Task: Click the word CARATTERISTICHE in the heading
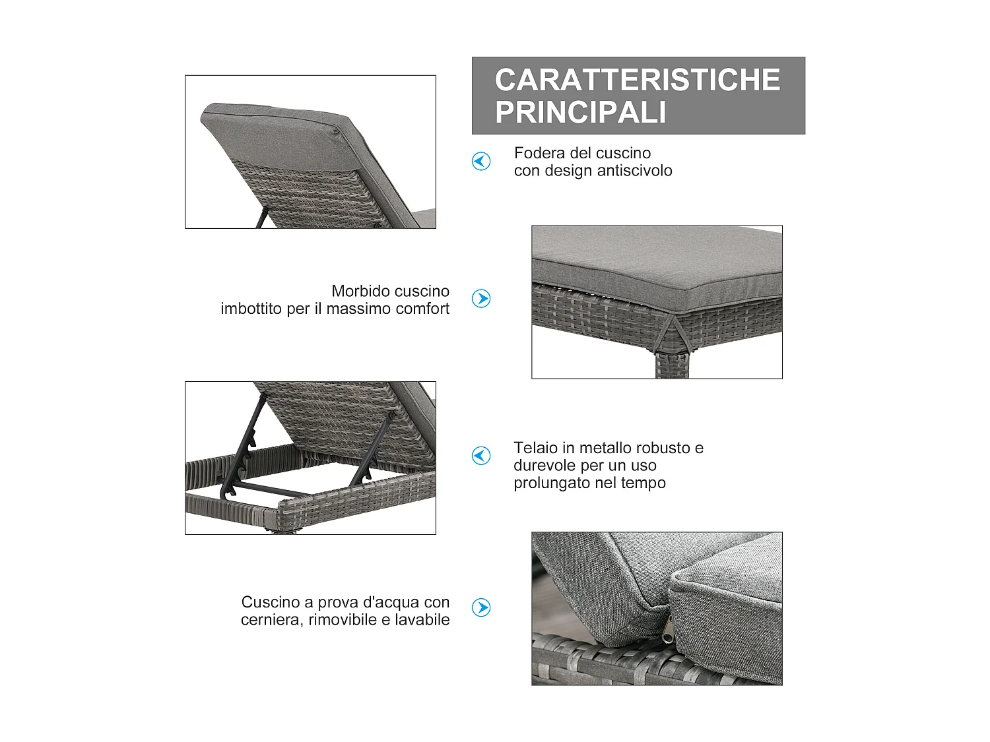(x=638, y=80)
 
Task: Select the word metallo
(x=607, y=448)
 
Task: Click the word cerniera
(x=272, y=620)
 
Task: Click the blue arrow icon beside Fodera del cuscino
(x=481, y=162)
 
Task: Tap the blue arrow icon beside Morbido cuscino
(x=481, y=298)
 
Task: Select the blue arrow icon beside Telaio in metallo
(x=481, y=456)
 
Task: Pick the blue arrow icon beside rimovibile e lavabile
(x=481, y=607)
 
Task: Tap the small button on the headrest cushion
(x=336, y=132)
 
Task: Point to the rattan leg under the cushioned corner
(x=672, y=365)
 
